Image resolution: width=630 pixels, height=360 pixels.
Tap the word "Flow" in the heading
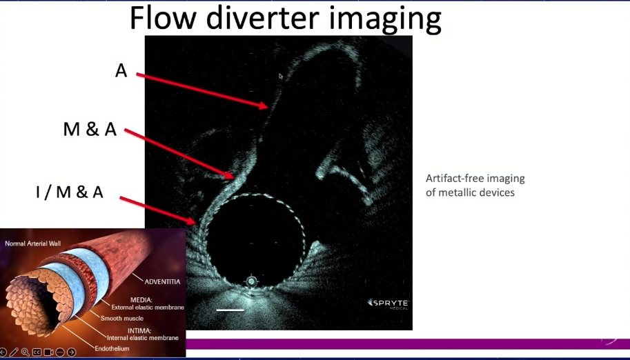pos(162,18)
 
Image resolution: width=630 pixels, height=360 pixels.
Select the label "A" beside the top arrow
pos(121,71)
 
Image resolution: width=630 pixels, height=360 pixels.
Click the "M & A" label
pos(90,130)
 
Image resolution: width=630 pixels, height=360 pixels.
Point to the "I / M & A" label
pos(70,192)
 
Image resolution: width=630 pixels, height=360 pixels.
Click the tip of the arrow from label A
pos(268,107)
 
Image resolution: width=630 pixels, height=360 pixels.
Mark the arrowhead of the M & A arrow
pos(234,177)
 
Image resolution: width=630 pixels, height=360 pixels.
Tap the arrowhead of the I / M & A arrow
pos(196,222)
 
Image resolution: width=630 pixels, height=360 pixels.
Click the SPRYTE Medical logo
pos(388,303)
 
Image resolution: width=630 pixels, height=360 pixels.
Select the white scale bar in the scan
pos(230,310)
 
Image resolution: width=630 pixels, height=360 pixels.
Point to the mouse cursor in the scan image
pos(280,77)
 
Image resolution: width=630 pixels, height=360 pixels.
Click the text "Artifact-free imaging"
pos(475,179)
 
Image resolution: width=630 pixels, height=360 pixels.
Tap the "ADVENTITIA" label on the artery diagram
pos(162,281)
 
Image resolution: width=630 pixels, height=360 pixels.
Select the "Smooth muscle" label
pos(121,318)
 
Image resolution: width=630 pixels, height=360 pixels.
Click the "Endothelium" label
pos(112,348)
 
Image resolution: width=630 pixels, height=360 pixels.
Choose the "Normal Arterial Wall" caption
pos(32,243)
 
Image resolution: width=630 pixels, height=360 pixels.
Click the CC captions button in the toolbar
pos(37,352)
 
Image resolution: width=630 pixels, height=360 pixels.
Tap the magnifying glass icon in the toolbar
pos(26,352)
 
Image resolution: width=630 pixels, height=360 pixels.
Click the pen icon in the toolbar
pos(14,352)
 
